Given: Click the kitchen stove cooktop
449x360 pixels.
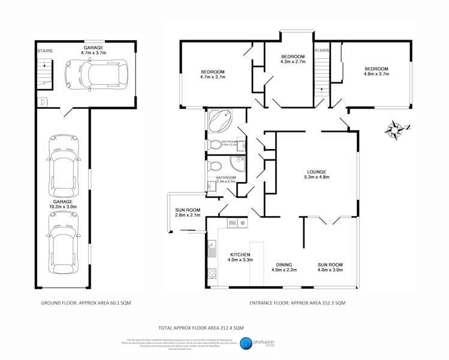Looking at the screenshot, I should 212,273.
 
